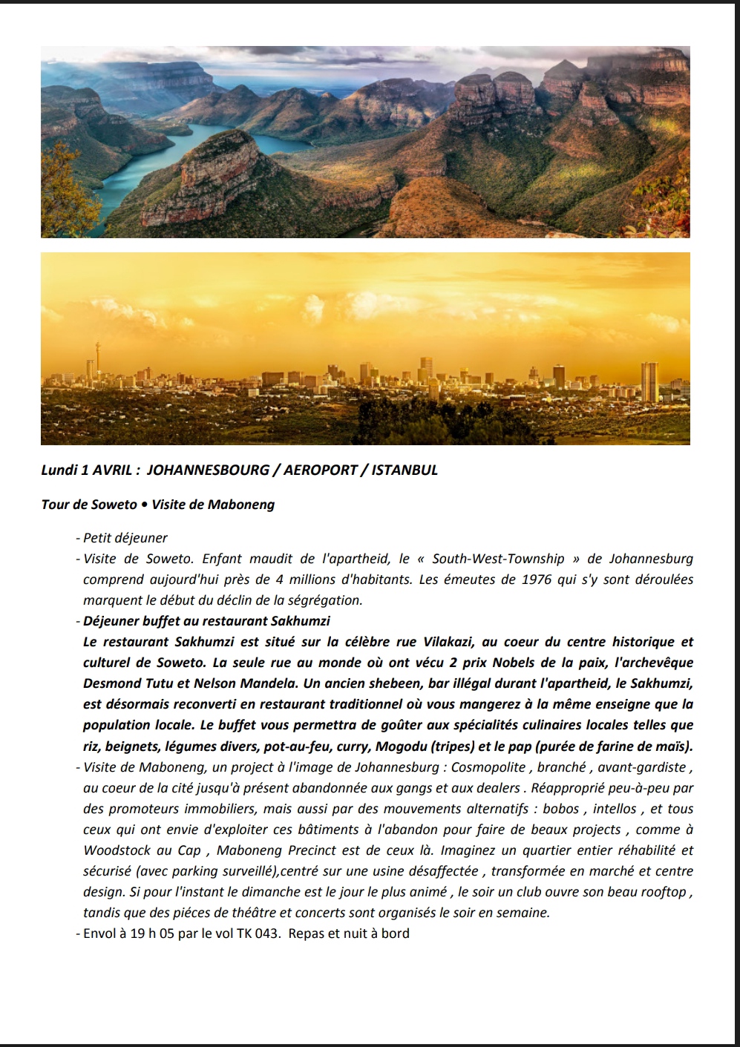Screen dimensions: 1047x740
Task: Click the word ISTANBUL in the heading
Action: tap(405, 470)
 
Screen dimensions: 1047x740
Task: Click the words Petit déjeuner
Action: tap(125, 538)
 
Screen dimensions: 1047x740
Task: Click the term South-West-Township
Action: tap(498, 559)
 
